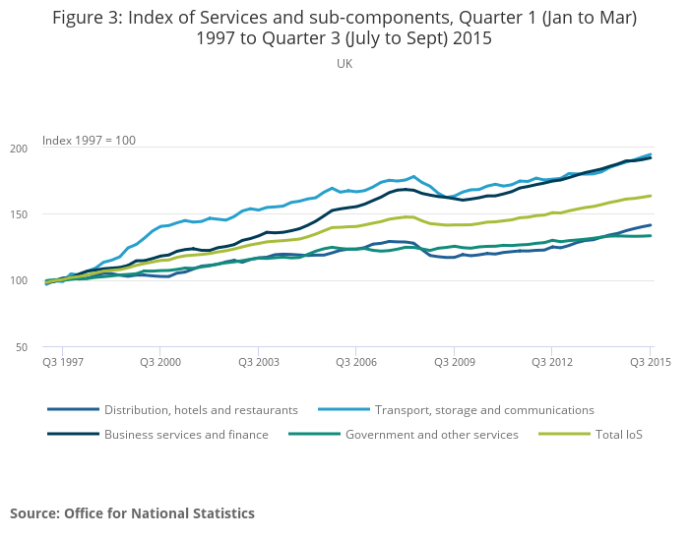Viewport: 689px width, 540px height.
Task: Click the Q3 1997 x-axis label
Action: pyautogui.click(x=62, y=362)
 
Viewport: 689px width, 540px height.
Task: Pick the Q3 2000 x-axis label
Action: pyautogui.click(x=160, y=362)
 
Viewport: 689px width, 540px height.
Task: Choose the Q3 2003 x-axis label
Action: pyautogui.click(x=258, y=362)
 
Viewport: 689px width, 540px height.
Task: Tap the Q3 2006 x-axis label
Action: pyautogui.click(x=356, y=362)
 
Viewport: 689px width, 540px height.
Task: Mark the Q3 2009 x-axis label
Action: pyautogui.click(x=454, y=362)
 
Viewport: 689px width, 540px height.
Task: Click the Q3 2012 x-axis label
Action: pyautogui.click(x=552, y=362)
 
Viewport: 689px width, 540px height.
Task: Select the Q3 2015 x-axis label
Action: pyautogui.click(x=649, y=362)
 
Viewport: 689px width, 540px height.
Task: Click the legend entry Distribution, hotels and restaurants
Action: pyautogui.click(x=201, y=410)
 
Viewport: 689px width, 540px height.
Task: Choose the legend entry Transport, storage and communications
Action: pyautogui.click(x=484, y=410)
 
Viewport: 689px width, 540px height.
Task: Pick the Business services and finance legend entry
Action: pyautogui.click(x=186, y=435)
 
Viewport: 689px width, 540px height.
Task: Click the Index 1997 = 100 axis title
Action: pyautogui.click(x=89, y=141)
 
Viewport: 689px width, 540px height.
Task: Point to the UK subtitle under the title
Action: pyautogui.click(x=344, y=64)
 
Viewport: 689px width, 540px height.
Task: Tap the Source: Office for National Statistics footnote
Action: pyautogui.click(x=132, y=513)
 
